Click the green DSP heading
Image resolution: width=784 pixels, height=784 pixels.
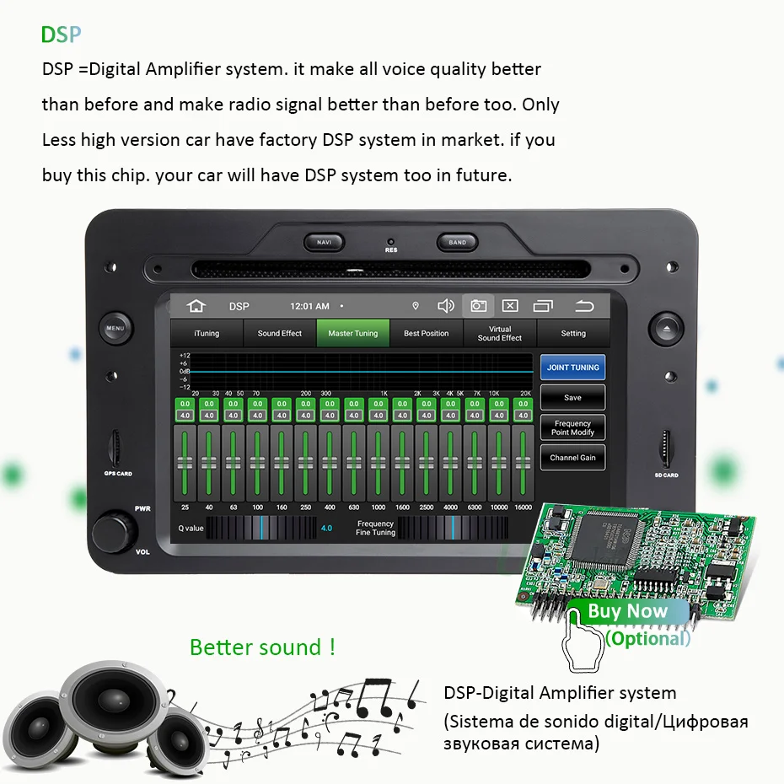(x=62, y=35)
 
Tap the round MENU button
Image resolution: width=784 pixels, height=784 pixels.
(x=115, y=328)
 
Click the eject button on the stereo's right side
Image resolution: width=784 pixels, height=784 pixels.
(x=667, y=328)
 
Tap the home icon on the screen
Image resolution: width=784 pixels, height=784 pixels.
(x=196, y=306)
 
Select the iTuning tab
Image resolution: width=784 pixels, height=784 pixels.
(x=207, y=334)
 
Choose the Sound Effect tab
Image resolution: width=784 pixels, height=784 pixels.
(x=279, y=334)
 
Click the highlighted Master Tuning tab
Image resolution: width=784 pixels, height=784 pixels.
(x=352, y=334)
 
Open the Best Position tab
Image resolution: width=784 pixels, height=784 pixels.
(x=426, y=334)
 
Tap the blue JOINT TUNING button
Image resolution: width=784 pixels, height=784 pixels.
(x=572, y=368)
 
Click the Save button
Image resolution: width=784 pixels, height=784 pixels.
(x=572, y=398)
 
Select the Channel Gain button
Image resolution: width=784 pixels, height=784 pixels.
(x=572, y=458)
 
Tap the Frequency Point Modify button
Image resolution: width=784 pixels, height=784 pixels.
(x=572, y=427)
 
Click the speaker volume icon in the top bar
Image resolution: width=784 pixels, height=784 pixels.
(x=446, y=306)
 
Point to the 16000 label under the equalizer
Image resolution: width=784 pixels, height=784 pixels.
(x=523, y=507)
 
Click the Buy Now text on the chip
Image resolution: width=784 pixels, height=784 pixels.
(x=627, y=611)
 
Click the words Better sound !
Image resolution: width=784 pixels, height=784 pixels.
(x=262, y=647)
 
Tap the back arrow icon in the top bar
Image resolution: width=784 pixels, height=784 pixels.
(x=584, y=306)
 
